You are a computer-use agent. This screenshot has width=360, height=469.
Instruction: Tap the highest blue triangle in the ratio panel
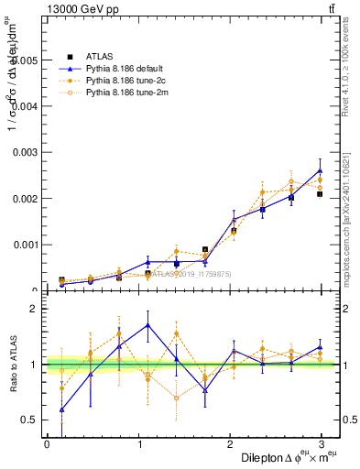(x=147, y=325)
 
